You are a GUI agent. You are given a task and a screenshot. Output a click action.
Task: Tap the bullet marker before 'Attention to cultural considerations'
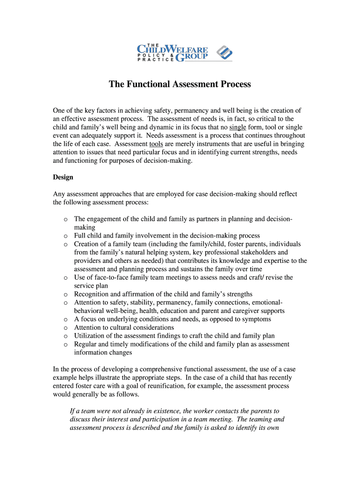[x=65, y=328]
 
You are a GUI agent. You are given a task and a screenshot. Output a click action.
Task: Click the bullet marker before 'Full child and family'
[x=65, y=236]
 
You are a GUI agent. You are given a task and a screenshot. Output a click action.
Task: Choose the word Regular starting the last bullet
[x=86, y=344]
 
